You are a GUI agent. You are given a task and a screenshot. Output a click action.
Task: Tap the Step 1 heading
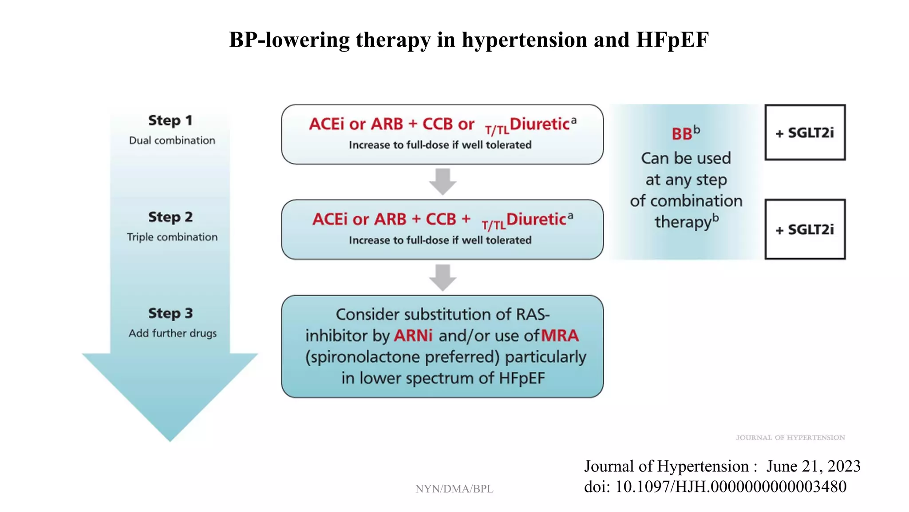(170, 120)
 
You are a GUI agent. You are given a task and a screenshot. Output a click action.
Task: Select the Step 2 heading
(170, 217)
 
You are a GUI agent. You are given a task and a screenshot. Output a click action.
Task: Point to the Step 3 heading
(170, 313)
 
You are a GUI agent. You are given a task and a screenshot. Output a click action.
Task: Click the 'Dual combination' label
(172, 140)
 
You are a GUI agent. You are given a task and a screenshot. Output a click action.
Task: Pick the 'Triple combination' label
(172, 237)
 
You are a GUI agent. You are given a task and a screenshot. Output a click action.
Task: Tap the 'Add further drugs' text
(173, 333)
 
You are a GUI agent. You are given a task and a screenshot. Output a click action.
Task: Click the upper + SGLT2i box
(805, 132)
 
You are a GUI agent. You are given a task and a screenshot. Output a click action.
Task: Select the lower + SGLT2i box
(805, 229)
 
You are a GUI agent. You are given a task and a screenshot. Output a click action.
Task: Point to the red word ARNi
(413, 336)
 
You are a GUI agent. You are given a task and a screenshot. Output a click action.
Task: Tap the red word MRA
(560, 336)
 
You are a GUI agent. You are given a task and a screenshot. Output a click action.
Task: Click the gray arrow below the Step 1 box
(443, 181)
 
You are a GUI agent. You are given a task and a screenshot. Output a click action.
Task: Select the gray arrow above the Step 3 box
(443, 277)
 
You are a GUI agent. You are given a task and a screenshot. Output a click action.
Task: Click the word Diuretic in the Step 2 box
(536, 220)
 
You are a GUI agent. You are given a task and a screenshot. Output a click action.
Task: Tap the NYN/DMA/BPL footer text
(454, 489)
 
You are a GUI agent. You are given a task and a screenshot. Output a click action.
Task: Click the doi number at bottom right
(731, 487)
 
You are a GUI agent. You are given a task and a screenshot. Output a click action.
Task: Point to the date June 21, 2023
(813, 466)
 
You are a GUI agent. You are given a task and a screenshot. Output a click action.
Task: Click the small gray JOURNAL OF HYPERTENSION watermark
(790, 438)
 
